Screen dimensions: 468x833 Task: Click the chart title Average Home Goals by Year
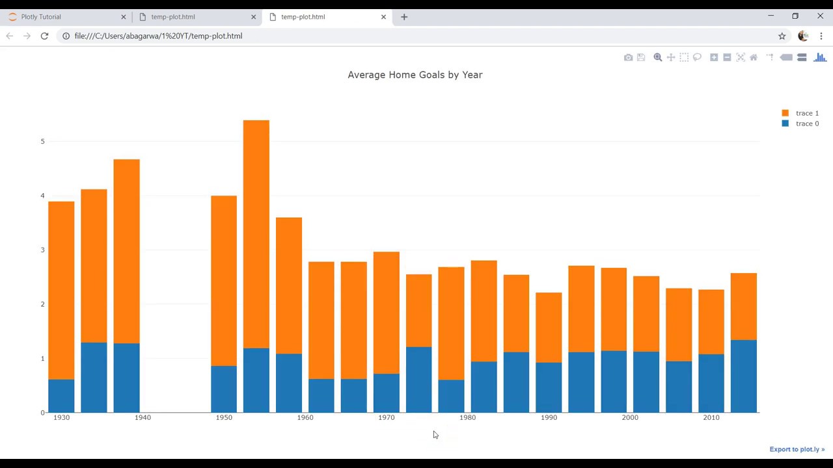pos(415,75)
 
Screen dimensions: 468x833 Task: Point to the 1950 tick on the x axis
pos(223,417)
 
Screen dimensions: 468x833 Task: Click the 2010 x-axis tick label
pos(711,417)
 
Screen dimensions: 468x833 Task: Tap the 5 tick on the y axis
pos(42,141)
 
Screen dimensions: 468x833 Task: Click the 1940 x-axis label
pos(143,417)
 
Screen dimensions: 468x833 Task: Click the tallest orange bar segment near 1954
pos(256,234)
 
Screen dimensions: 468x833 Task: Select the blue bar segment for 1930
pos(61,396)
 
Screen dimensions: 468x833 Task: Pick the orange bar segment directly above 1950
pos(223,279)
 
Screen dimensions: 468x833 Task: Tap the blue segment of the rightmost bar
pos(743,376)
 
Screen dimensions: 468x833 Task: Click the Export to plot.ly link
pos(797,449)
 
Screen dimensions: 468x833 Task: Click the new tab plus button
pos(404,17)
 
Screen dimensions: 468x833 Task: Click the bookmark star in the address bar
pos(782,36)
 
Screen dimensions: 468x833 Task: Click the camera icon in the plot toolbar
pos(628,58)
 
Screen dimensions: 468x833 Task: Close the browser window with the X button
pos(820,16)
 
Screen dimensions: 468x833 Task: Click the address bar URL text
pos(158,36)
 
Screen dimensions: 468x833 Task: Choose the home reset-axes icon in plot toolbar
pos(754,58)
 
